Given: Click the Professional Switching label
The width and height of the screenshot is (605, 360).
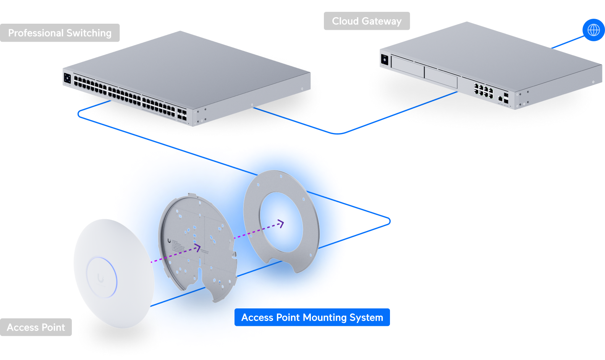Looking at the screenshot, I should click(60, 33).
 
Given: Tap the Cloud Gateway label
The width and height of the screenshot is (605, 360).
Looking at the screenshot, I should click(367, 21).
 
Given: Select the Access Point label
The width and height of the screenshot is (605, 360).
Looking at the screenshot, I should click(36, 328).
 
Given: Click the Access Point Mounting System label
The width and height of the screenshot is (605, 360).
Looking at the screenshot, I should click(312, 318).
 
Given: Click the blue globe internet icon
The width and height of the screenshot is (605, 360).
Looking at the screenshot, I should click(593, 30).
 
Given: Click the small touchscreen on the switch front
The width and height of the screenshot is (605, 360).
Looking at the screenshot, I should click(67, 78).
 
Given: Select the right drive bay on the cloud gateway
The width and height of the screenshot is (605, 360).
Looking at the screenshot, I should click(441, 77).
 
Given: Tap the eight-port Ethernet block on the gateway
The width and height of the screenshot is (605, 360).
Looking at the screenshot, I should click(483, 91).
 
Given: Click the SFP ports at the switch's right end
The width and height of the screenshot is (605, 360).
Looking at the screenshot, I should click(182, 115).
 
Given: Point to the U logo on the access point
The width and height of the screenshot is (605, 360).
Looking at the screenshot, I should click(100, 278).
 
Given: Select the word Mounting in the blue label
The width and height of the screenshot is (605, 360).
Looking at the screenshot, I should click(325, 318).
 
